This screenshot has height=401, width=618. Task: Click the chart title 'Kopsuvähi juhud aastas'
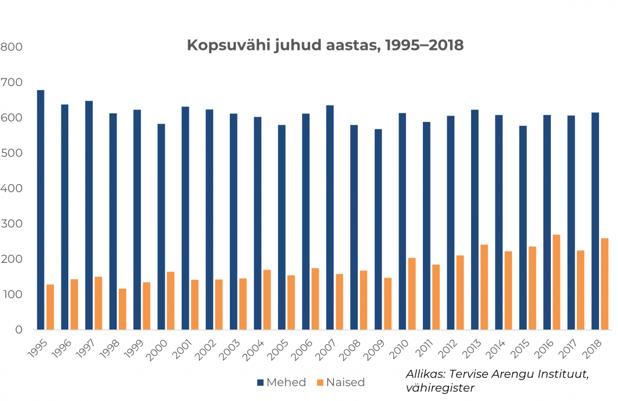[x=325, y=45]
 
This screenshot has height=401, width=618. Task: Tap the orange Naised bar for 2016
[x=556, y=282]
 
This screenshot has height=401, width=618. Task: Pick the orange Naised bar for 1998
[x=123, y=309]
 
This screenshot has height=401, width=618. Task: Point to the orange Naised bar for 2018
[x=604, y=284]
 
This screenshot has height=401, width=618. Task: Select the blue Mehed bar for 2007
[x=330, y=217]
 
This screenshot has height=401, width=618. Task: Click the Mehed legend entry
[x=281, y=382]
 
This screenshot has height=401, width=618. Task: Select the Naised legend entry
[x=340, y=382]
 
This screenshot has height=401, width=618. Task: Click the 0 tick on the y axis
[x=18, y=329]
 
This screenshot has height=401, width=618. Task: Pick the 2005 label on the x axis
[x=279, y=345]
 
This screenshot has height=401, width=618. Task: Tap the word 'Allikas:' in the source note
[x=424, y=374]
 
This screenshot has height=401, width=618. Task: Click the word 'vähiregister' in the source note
[x=440, y=387]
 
